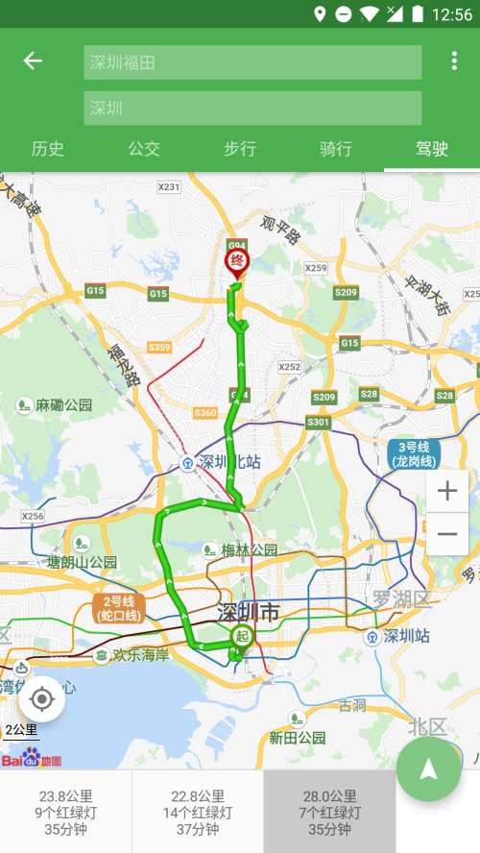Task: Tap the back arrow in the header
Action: [x=34, y=61]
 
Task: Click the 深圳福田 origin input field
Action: [x=252, y=62]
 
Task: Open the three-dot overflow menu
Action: [x=454, y=61]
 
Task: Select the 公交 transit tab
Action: [x=144, y=149]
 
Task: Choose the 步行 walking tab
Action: [x=240, y=149]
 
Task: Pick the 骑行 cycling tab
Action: [x=336, y=149]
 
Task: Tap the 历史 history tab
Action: [x=48, y=149]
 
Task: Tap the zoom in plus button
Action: [x=447, y=492]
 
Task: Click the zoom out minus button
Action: [x=447, y=534]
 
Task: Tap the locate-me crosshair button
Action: [x=41, y=698]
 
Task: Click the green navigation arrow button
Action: [x=429, y=769]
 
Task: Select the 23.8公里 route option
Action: [x=65, y=812]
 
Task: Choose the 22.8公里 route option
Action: [x=198, y=812]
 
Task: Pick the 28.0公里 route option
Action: [x=329, y=812]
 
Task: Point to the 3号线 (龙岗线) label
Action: [x=414, y=454]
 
